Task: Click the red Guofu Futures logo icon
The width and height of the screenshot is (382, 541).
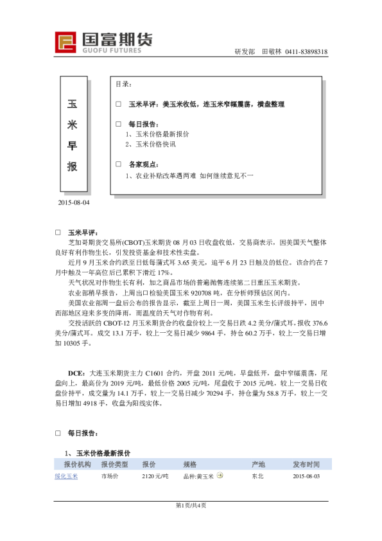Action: click(65, 42)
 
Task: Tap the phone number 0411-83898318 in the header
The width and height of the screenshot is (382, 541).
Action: click(307, 51)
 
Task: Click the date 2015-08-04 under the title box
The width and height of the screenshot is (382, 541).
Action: click(74, 203)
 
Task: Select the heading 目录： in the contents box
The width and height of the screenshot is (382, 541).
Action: click(124, 84)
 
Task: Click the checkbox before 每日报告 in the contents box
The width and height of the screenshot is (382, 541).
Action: click(118, 124)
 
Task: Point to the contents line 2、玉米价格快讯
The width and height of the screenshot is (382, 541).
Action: click(150, 144)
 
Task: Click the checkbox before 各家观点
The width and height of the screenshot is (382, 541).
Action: click(118, 164)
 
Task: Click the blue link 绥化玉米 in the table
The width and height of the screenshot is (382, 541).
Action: click(65, 476)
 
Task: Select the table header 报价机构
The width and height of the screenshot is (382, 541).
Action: click(76, 464)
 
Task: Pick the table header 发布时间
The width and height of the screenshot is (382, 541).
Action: click(306, 464)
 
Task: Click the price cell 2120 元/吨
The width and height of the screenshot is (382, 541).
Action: click(155, 476)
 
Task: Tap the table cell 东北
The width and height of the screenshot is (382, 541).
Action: click(257, 476)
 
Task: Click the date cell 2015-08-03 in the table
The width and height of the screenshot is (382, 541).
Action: click(306, 476)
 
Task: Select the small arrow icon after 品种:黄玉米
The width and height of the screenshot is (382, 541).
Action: click(220, 475)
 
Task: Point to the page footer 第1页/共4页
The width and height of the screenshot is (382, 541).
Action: click(191, 505)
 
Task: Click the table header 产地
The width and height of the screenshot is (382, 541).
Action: click(258, 464)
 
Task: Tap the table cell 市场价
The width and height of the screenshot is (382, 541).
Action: click(110, 476)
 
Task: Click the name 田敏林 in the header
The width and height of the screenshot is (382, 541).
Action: click(272, 51)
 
